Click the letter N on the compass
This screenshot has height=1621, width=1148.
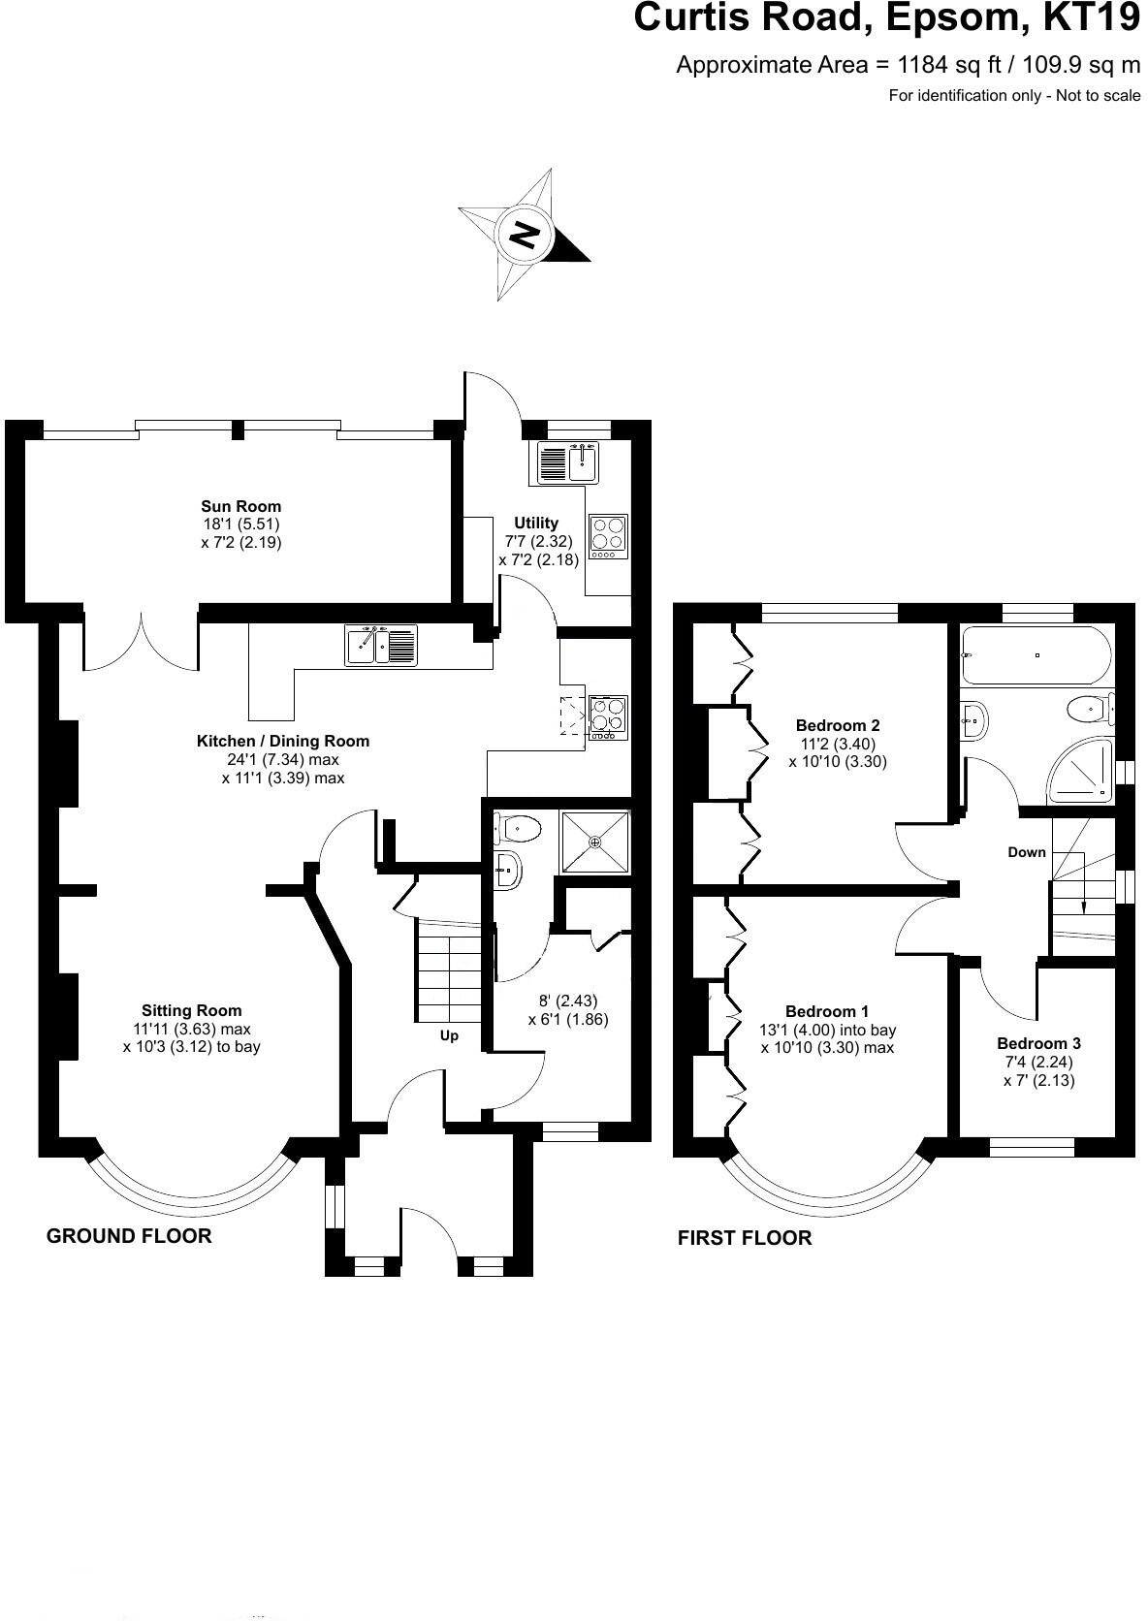(x=525, y=235)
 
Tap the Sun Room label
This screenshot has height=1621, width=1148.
(x=241, y=506)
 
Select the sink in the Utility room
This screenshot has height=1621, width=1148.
(x=583, y=461)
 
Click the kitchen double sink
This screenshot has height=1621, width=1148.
(x=381, y=645)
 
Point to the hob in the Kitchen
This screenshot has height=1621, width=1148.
(x=609, y=715)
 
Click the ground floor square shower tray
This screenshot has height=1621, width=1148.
(x=595, y=842)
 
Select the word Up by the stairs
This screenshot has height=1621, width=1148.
(x=449, y=1036)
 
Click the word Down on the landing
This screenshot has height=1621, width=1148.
(x=1027, y=852)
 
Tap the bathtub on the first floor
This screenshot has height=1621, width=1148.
(x=1036, y=655)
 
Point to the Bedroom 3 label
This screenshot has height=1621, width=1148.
(x=1038, y=1043)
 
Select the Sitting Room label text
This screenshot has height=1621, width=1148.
(x=192, y=1010)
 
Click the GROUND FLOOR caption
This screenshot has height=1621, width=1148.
(x=129, y=1236)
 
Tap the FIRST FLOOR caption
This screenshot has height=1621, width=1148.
(x=745, y=1238)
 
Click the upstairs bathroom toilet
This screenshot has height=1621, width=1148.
(x=1090, y=710)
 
